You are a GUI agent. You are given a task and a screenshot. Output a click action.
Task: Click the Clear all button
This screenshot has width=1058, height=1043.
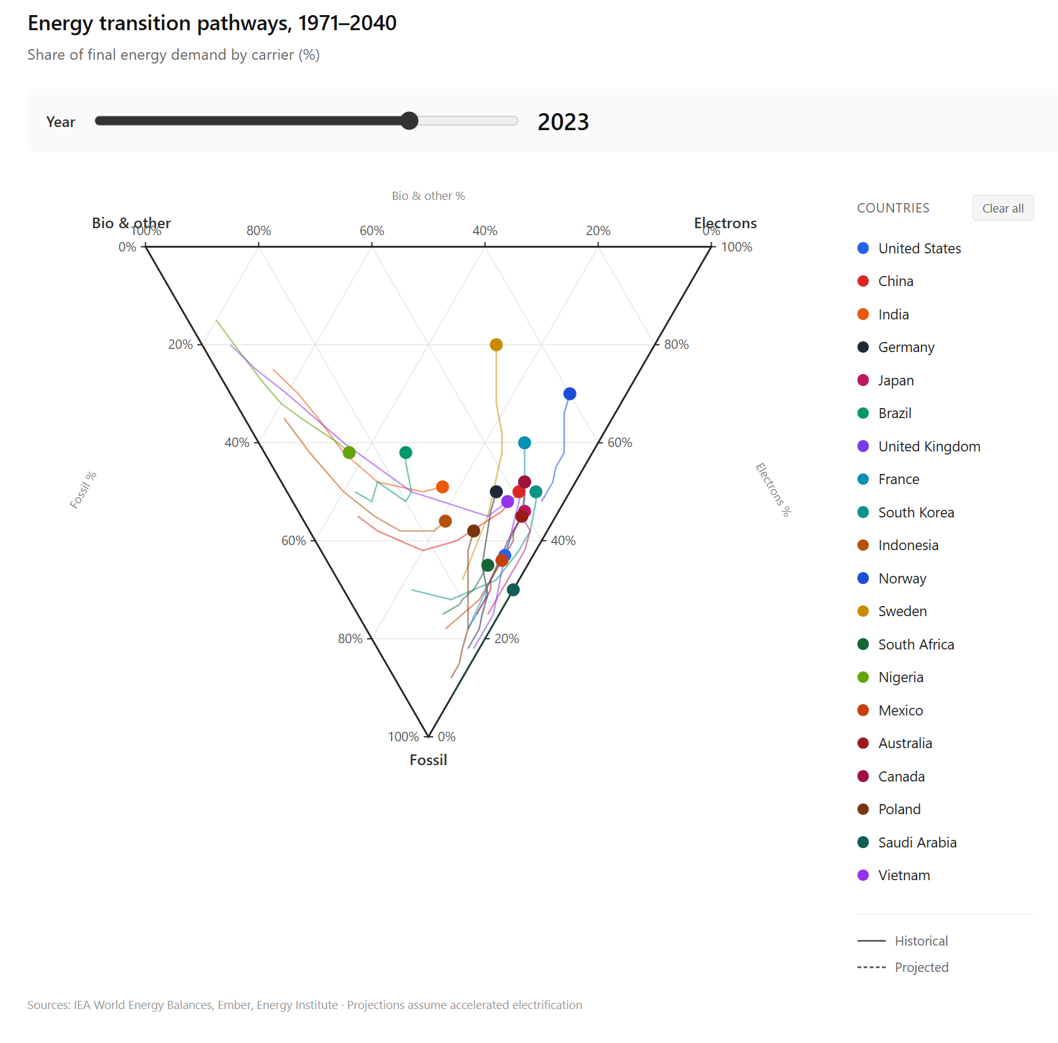tap(1003, 208)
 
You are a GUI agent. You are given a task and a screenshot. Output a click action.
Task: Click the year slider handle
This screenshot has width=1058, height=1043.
tap(409, 121)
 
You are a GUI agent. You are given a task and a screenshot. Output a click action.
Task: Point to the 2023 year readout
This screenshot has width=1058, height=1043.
tap(563, 122)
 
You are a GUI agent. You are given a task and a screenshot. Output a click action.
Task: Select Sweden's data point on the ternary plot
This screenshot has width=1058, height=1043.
tap(496, 345)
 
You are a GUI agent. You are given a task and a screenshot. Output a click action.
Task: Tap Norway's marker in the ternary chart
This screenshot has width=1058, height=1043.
tap(570, 394)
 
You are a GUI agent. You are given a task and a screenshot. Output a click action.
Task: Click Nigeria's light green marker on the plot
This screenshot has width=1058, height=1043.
tap(350, 452)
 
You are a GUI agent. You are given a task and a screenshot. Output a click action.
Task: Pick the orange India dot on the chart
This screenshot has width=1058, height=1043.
tap(443, 487)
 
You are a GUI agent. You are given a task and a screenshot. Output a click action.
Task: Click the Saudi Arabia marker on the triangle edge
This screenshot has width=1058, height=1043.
tap(513, 590)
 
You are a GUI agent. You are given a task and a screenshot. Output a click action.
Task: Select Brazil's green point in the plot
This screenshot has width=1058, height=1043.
tap(405, 452)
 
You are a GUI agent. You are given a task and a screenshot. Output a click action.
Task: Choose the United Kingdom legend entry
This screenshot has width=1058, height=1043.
tap(929, 446)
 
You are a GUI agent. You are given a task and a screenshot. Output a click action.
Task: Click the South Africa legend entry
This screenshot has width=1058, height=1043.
tap(915, 644)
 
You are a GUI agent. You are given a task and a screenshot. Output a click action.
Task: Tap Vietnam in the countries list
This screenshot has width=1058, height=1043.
tap(903, 875)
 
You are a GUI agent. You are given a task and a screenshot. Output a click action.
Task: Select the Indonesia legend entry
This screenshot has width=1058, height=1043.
tap(908, 545)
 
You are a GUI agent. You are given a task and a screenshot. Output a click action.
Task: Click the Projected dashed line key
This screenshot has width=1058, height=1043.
tap(903, 967)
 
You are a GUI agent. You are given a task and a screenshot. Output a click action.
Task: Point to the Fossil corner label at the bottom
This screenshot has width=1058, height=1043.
tap(428, 760)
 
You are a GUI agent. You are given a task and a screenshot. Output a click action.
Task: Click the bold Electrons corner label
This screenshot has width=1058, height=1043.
tap(725, 223)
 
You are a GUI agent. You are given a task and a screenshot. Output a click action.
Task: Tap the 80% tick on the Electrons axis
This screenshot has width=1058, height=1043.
tap(676, 345)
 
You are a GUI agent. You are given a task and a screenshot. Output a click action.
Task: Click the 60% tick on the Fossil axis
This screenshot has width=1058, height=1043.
tap(294, 541)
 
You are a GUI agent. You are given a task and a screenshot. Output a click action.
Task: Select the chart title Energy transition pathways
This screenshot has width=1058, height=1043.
tap(212, 23)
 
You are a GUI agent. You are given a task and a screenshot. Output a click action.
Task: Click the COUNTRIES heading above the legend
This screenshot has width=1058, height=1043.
tap(893, 208)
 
